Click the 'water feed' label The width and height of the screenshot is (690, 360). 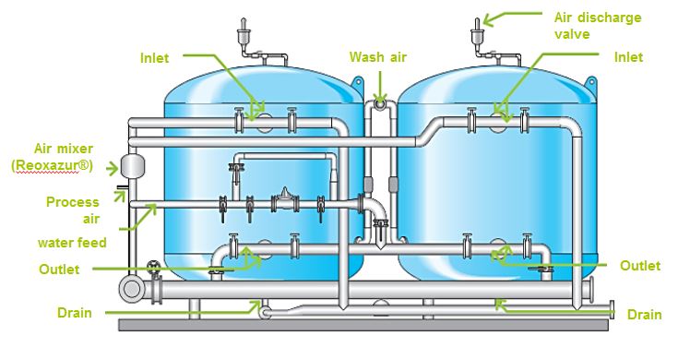coord(72,243)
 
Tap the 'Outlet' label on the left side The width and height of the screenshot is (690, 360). coord(60,269)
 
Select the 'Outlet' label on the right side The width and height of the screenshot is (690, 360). coord(639,266)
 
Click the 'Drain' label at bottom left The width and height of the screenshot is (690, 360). coord(74,313)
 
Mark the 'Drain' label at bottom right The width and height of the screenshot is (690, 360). coord(644,315)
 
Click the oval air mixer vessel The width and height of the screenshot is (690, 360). coord(129,165)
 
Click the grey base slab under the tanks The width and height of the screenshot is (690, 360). coord(369,326)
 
